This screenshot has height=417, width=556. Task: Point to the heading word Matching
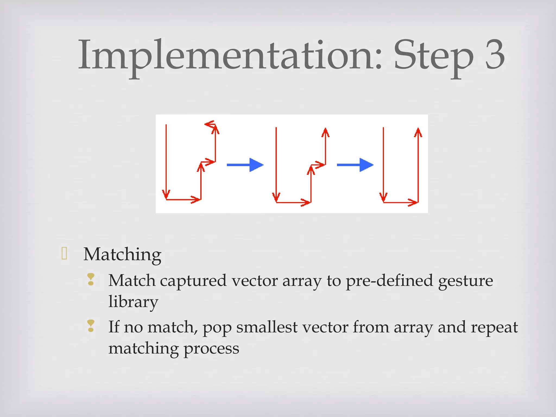coord(122,255)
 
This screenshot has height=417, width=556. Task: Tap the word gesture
coord(465,281)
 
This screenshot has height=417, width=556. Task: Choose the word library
coord(133,302)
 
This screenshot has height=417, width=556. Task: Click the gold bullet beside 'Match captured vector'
coord(91,279)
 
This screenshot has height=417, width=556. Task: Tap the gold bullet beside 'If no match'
coord(91,326)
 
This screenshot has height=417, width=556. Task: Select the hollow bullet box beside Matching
coord(64,253)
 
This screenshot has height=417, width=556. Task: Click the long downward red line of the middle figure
coord(276,163)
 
